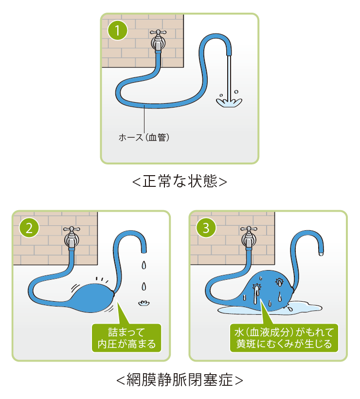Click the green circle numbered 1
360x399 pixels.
pyautogui.click(x=118, y=32)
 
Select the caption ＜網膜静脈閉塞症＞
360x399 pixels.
pyautogui.click(x=180, y=379)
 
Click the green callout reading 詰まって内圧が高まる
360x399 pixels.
pyautogui.click(x=126, y=338)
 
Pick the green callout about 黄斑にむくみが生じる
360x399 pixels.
pyautogui.click(x=284, y=338)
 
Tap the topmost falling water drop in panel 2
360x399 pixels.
pyautogui.click(x=143, y=265)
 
